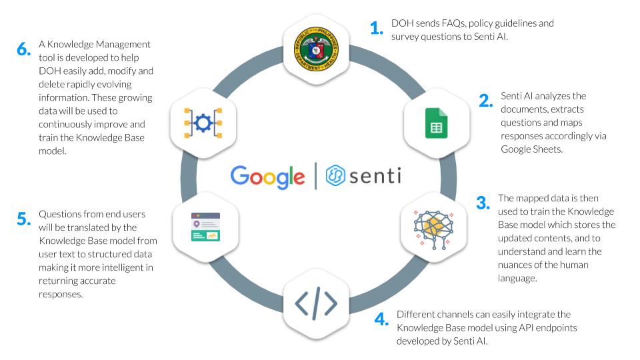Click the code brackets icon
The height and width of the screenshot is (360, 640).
point(316,303)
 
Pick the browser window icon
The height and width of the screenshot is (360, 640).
point(205,227)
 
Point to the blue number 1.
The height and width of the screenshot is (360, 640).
point(377,29)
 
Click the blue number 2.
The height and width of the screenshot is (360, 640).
point(485,101)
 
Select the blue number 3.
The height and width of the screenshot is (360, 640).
point(483,203)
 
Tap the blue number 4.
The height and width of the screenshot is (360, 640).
point(381,319)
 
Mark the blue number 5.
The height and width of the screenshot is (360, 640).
point(23,219)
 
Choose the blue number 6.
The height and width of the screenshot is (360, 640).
point(23,49)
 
